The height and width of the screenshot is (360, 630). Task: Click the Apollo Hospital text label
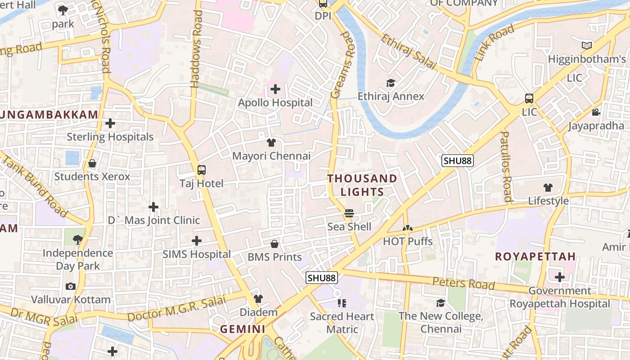point(275,103)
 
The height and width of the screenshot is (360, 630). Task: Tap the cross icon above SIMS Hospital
point(197,241)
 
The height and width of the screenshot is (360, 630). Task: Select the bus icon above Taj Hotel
point(202,170)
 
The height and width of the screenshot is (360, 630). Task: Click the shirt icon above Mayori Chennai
point(271,143)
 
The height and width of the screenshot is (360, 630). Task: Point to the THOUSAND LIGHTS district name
point(362,185)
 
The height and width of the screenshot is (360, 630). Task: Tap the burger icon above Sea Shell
point(349,213)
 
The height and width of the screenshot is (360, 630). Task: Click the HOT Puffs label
point(408,241)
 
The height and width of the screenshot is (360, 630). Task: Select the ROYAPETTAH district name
point(535,256)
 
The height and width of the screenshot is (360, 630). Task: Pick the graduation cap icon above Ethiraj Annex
point(391,83)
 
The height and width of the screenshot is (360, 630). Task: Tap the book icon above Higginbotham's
point(587,45)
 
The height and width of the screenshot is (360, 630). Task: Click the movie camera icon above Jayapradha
point(596,112)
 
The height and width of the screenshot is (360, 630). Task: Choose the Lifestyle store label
point(548,201)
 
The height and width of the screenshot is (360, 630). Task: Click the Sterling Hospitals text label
point(110,137)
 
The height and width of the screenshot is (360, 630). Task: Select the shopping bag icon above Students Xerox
point(92,163)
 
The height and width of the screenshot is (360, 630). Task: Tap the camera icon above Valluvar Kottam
point(71,286)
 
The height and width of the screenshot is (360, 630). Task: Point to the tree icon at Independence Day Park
point(78,239)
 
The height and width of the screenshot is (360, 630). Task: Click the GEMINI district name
point(243,329)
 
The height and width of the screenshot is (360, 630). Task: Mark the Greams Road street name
point(342,65)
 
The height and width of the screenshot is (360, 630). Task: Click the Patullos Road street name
point(506,166)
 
